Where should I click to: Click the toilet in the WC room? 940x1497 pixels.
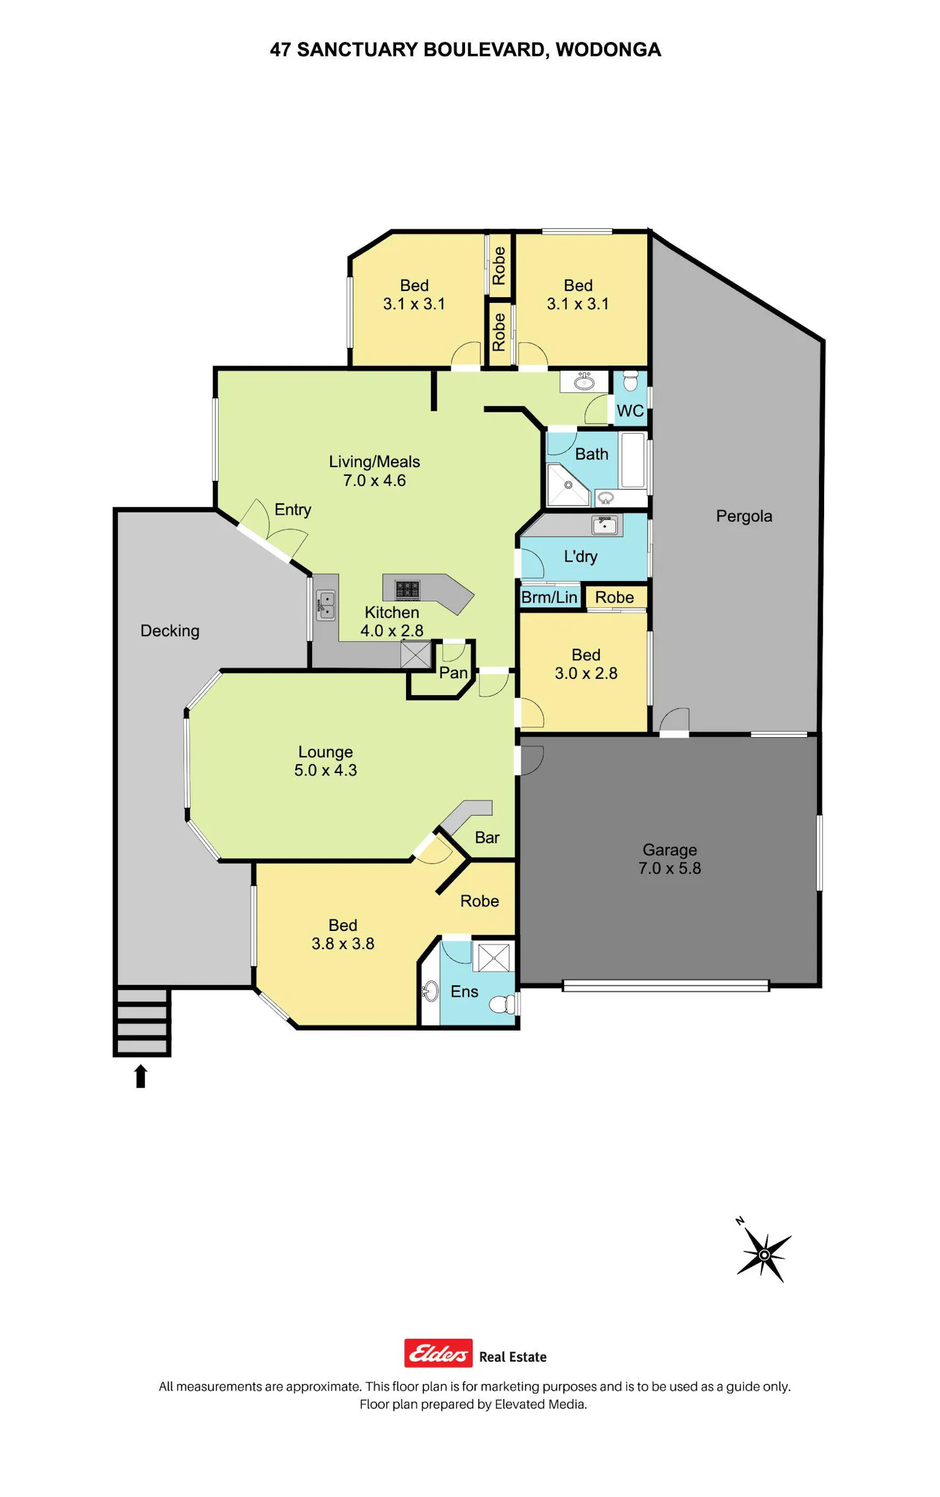point(630,381)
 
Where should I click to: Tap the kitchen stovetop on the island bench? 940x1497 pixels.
point(407,590)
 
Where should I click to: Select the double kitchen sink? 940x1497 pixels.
point(326,605)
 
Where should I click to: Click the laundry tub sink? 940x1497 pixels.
point(605,525)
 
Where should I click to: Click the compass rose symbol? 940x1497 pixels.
point(764,1254)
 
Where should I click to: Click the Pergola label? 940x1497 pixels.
point(744,516)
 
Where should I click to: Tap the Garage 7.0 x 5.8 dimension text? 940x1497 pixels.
point(669,868)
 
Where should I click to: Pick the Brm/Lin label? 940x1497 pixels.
point(549,597)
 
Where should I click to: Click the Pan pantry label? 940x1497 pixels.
point(453,673)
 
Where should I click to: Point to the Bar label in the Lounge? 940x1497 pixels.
point(487,838)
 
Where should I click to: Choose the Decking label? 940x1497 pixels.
point(170,631)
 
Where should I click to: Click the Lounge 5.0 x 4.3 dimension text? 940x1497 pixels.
point(325,770)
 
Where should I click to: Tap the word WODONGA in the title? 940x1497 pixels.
point(608,50)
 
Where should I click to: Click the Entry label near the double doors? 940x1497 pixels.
point(293,510)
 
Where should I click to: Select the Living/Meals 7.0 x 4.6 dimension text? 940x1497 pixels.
point(374,480)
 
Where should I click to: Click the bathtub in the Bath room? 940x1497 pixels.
point(633,460)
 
